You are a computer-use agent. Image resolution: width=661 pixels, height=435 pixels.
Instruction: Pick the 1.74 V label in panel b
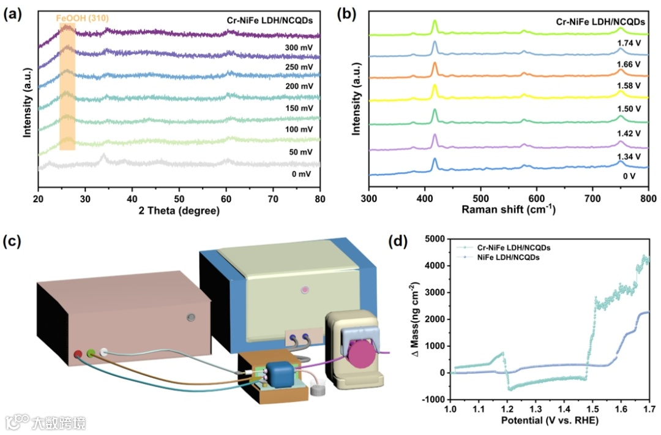click(x=629, y=44)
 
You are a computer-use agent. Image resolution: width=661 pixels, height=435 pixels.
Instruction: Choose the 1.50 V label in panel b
click(x=629, y=108)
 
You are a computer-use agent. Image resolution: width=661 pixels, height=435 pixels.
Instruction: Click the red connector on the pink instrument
click(x=78, y=354)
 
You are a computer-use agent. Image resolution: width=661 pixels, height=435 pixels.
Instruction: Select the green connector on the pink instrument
click(x=91, y=353)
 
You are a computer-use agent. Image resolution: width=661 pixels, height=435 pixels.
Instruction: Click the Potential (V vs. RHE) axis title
click(x=549, y=421)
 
